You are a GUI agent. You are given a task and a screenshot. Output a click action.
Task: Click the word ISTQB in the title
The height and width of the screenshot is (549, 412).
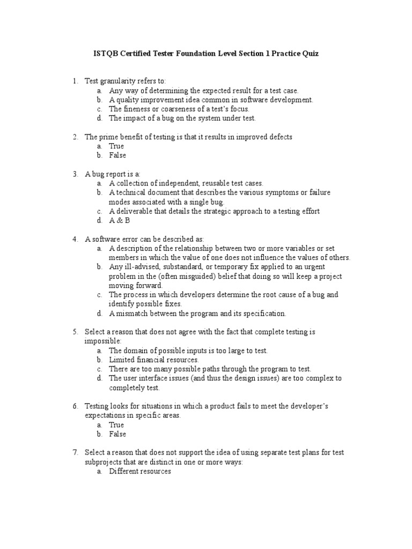pyautogui.click(x=105, y=54)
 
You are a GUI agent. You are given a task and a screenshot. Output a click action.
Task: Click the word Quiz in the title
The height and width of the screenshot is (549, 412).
pyautogui.click(x=309, y=54)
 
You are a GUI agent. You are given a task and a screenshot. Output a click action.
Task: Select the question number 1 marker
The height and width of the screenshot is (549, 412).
pyautogui.click(x=76, y=81)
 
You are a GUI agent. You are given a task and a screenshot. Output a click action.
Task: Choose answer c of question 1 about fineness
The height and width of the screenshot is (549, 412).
pyautogui.click(x=179, y=109)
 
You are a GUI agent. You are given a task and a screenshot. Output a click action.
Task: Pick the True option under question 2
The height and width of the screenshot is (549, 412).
pyautogui.click(x=116, y=146)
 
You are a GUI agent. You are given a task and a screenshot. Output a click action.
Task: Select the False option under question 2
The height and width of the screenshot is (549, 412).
pyautogui.click(x=117, y=155)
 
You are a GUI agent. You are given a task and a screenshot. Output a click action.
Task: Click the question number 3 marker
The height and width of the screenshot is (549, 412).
pyautogui.click(x=76, y=174)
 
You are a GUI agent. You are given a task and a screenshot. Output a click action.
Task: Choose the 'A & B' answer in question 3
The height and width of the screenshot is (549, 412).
pyautogui.click(x=120, y=220)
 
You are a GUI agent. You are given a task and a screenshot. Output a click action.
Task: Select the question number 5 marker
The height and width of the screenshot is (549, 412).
pyautogui.click(x=76, y=332)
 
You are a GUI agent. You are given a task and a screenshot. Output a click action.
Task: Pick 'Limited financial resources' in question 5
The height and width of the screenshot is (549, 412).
pyautogui.click(x=154, y=360)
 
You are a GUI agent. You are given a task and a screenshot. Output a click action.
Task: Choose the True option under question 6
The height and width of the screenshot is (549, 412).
pyautogui.click(x=116, y=425)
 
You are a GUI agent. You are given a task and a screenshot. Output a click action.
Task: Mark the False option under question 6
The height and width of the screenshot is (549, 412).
pyautogui.click(x=117, y=434)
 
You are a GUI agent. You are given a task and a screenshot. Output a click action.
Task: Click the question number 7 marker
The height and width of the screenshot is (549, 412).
pyautogui.click(x=76, y=452)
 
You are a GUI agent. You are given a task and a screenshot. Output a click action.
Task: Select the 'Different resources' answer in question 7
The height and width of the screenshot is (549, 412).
pyautogui.click(x=140, y=471)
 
